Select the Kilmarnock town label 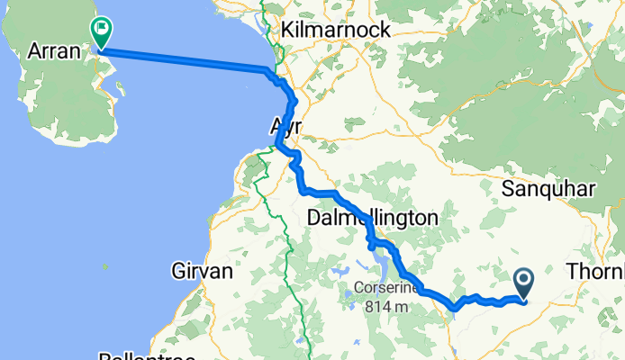[x=335, y=30]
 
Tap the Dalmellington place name [x=372, y=218]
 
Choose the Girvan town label [x=202, y=270]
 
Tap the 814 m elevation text [x=388, y=306]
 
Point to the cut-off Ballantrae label [x=149, y=355]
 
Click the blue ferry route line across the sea [x=180, y=59]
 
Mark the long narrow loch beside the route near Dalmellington [x=382, y=266]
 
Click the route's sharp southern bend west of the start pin [x=455, y=308]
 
